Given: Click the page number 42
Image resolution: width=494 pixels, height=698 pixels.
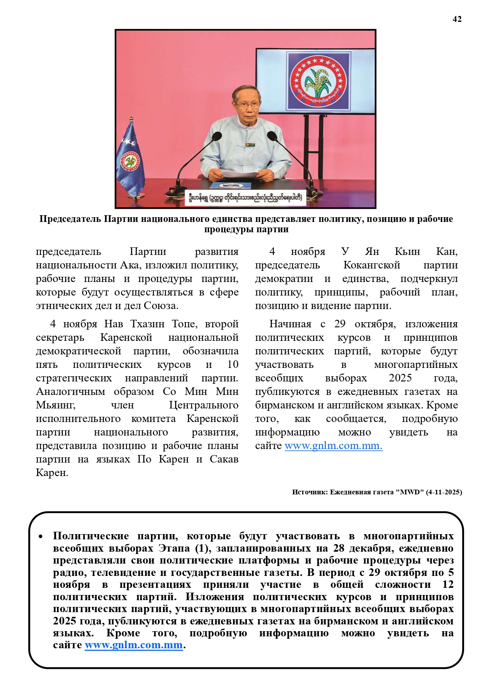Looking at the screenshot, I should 457,19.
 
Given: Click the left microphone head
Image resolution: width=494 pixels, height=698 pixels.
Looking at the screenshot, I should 217,136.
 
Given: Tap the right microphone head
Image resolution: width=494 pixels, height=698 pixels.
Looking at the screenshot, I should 272,136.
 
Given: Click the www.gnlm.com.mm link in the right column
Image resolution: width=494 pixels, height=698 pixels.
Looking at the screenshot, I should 333,445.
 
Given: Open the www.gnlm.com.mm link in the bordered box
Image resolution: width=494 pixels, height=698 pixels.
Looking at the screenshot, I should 134,645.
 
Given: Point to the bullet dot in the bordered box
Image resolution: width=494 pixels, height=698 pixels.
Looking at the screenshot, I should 41,537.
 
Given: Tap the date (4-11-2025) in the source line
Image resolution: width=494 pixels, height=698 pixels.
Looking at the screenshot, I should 444,492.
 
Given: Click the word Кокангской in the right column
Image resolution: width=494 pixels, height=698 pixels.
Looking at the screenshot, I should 371,265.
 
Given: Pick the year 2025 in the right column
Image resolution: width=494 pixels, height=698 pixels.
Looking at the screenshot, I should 400,378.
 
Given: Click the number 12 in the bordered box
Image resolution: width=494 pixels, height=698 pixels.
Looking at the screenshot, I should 448,584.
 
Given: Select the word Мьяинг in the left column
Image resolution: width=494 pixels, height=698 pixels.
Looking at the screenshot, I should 55,405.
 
